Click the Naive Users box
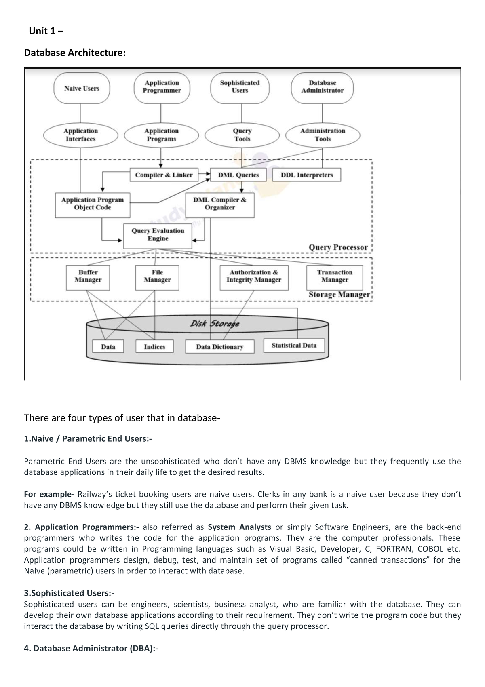(82, 88)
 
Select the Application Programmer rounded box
(162, 87)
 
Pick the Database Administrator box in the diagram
(322, 87)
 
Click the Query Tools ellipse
(242, 135)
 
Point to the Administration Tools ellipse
(323, 135)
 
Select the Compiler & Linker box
(164, 175)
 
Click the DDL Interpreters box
(307, 175)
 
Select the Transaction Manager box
(335, 277)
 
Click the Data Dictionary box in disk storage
(220, 347)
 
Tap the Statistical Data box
(294, 345)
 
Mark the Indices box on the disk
(154, 347)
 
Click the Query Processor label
(338, 247)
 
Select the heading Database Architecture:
(75, 53)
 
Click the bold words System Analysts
(239, 527)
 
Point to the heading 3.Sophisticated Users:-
(69, 593)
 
